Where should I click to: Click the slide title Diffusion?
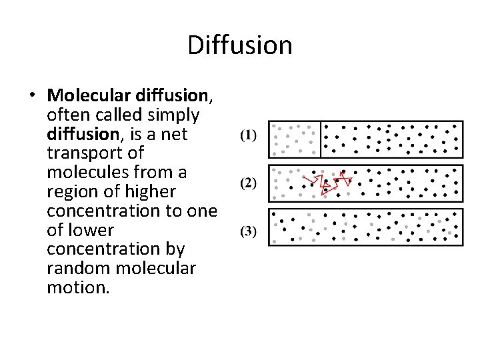(240, 45)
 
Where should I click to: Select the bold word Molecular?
(87, 96)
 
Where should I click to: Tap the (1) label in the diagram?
(247, 135)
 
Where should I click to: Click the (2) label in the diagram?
(247, 182)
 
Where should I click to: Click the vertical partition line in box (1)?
(321, 139)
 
